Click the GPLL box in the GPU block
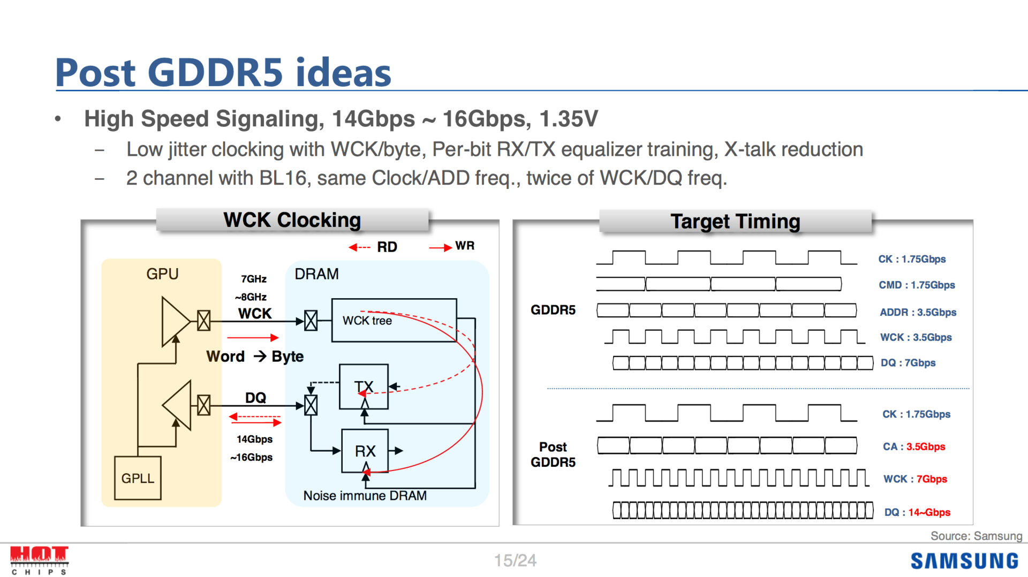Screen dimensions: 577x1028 click(x=138, y=478)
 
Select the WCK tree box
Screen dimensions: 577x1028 click(x=394, y=320)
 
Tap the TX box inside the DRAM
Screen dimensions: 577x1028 click(x=364, y=386)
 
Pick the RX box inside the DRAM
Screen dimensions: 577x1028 click(x=365, y=451)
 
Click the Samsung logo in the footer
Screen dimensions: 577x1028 click(x=964, y=560)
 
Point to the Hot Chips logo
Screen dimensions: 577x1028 click(x=39, y=560)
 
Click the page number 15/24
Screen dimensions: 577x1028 click(x=515, y=560)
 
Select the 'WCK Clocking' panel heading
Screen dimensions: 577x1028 click(x=292, y=220)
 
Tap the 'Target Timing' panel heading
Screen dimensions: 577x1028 click(x=735, y=221)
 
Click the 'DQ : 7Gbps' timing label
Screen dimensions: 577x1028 click(x=908, y=362)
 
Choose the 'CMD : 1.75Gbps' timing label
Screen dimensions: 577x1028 click(x=917, y=285)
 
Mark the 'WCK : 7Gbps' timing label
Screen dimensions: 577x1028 click(x=915, y=479)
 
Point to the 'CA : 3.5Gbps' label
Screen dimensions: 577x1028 click(x=914, y=446)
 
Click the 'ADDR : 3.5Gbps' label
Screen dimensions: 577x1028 click(x=918, y=312)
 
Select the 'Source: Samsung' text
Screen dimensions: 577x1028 click(x=976, y=536)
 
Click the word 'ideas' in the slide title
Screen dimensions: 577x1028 click(x=343, y=73)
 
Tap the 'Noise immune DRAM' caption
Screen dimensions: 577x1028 click(x=365, y=496)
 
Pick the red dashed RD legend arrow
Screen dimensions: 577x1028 click(x=359, y=247)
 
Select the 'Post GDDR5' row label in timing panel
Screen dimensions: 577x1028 click(x=553, y=454)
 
